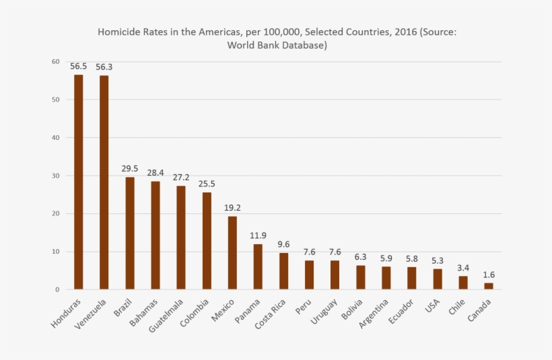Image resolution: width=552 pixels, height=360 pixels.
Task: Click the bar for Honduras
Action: [78, 182]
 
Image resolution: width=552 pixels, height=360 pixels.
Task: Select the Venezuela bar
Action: [104, 182]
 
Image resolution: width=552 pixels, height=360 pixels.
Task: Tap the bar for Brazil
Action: [130, 233]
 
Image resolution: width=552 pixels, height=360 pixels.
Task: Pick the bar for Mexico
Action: [232, 252]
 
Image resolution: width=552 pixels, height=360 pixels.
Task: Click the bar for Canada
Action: [489, 286]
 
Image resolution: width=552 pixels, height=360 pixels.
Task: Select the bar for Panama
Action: [258, 266]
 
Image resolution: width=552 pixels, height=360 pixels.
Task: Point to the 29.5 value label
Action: [130, 168]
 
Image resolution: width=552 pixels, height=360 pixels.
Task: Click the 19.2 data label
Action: [232, 207]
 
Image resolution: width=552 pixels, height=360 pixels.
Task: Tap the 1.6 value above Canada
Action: [489, 274]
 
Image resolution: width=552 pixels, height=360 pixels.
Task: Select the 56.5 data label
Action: [78, 66]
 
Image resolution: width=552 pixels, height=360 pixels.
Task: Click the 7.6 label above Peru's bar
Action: [309, 252]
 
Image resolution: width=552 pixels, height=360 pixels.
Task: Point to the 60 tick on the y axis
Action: [56, 62]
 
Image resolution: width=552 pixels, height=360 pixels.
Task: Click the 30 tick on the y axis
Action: [56, 176]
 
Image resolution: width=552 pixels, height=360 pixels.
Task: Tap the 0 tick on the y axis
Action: [58, 289]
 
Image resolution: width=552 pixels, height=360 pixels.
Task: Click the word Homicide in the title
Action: [118, 32]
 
